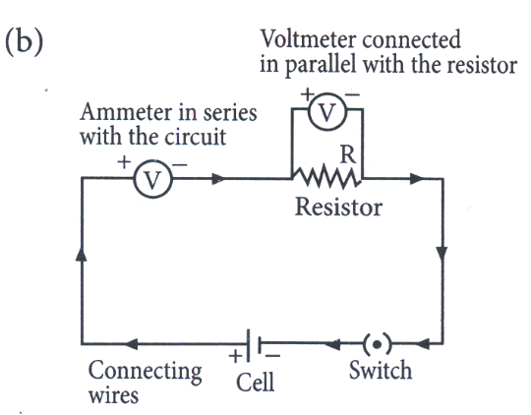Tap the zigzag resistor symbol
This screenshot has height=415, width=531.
pyautogui.click(x=326, y=176)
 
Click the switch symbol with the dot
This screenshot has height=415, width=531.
pyautogui.click(x=377, y=344)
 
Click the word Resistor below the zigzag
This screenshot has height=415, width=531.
pyautogui.click(x=338, y=207)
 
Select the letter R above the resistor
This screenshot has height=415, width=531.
pyautogui.click(x=348, y=154)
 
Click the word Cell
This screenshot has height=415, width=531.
pyautogui.click(x=255, y=383)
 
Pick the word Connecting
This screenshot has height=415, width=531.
pyautogui.click(x=145, y=372)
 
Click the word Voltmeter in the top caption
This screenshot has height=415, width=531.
pyautogui.click(x=308, y=39)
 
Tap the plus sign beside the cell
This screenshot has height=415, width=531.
pyautogui.click(x=235, y=356)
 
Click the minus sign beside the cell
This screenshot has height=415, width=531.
pyautogui.click(x=272, y=355)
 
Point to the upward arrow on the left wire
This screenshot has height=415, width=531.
pyautogui.click(x=82, y=253)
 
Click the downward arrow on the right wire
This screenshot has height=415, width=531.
pyautogui.click(x=442, y=254)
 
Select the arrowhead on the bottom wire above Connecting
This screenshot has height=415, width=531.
pyautogui.click(x=132, y=344)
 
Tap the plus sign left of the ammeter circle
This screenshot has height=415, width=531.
pyautogui.click(x=124, y=162)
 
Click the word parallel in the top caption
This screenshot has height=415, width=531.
pyautogui.click(x=321, y=65)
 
